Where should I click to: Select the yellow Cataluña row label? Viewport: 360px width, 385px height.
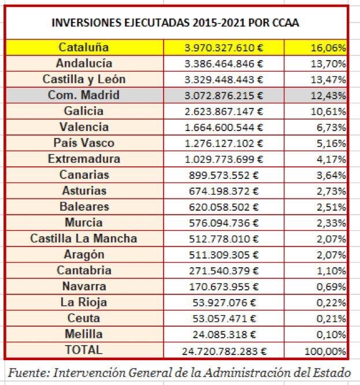tap(84, 47)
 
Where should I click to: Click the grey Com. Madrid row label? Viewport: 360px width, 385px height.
tap(84, 95)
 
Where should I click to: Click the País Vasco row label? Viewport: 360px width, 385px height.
tap(84, 143)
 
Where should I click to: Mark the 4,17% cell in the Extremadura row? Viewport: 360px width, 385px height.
tap(329, 159)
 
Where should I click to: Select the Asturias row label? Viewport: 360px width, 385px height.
tap(84, 191)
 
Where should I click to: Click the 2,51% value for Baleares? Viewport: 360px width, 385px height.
tap(329, 207)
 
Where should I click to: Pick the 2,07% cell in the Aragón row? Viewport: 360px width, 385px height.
tap(329, 255)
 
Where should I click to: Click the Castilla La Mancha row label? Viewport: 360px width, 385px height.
tap(84, 238)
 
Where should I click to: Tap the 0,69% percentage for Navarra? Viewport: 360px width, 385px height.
tap(329, 287)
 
